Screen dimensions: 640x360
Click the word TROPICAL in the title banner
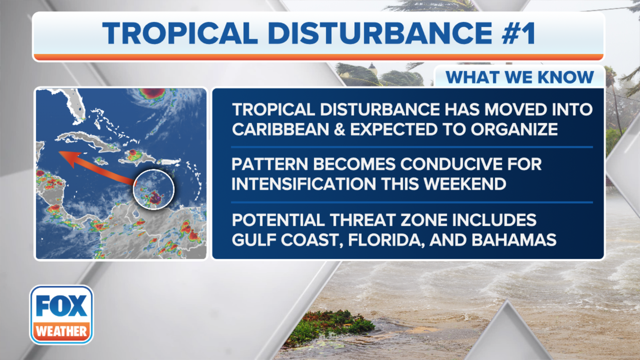180,33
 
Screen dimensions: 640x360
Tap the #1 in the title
519,33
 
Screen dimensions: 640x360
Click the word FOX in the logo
62,306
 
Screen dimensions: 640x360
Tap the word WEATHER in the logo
62,331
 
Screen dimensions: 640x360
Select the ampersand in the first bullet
339,129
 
